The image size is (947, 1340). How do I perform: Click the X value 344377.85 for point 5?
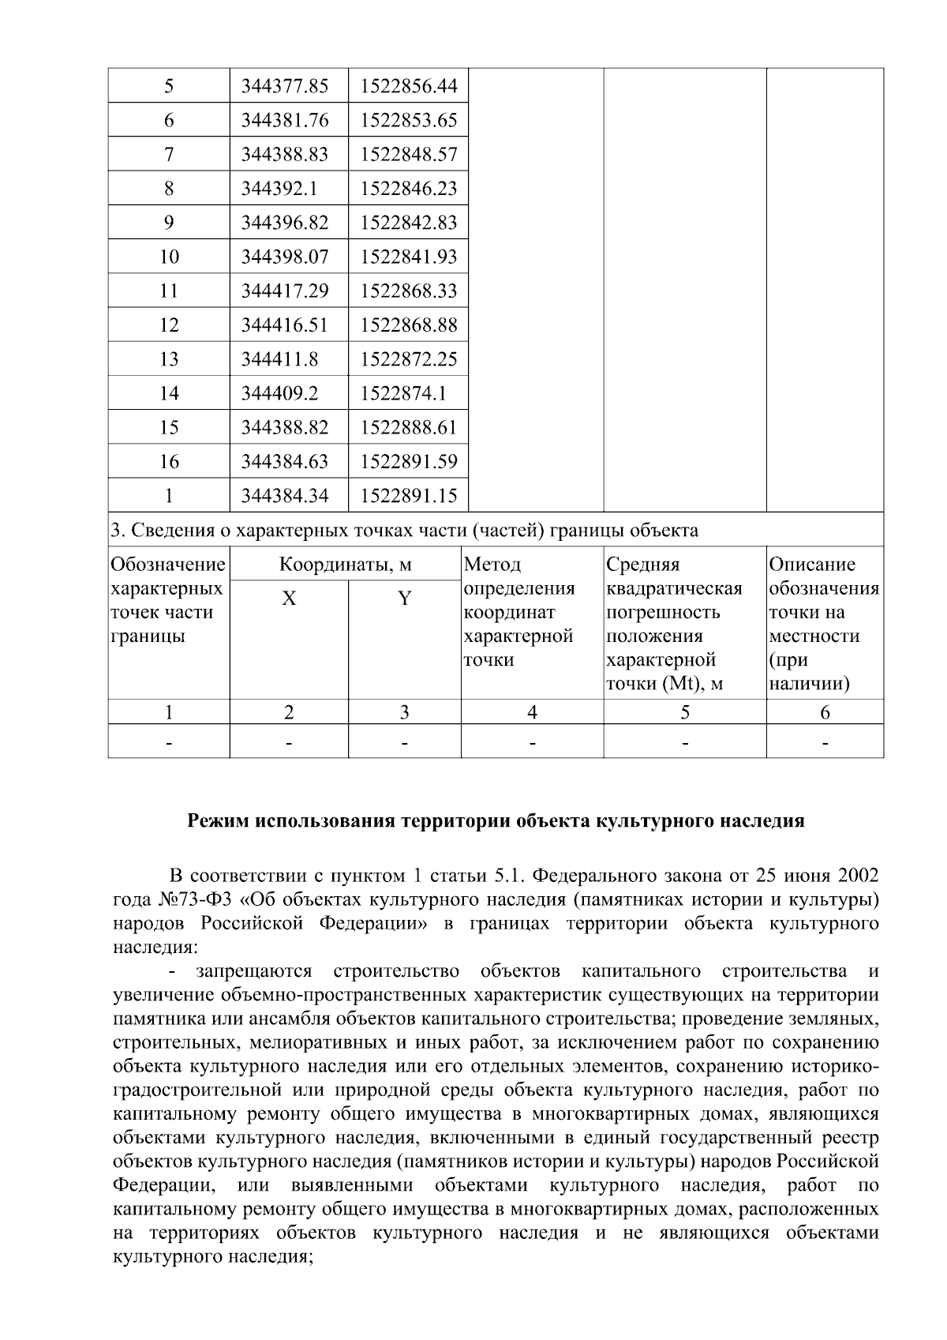(x=284, y=86)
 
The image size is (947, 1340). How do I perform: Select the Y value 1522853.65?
(x=408, y=121)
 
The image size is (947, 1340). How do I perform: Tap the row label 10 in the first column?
(x=169, y=257)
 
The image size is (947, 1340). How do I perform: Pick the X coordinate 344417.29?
(x=284, y=291)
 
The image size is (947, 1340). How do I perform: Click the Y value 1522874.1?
(x=398, y=393)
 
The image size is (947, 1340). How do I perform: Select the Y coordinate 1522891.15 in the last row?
(x=408, y=496)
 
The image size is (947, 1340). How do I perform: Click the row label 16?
(x=169, y=462)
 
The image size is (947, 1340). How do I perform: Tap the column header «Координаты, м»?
(x=346, y=565)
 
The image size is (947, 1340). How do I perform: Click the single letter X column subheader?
(x=289, y=599)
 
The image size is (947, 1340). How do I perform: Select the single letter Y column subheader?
(x=404, y=599)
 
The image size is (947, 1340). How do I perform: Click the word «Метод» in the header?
(x=492, y=565)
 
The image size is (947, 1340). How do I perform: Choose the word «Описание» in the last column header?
(x=812, y=565)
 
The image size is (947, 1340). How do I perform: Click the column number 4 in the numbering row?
(x=532, y=713)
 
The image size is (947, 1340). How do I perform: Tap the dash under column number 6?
(x=825, y=743)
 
